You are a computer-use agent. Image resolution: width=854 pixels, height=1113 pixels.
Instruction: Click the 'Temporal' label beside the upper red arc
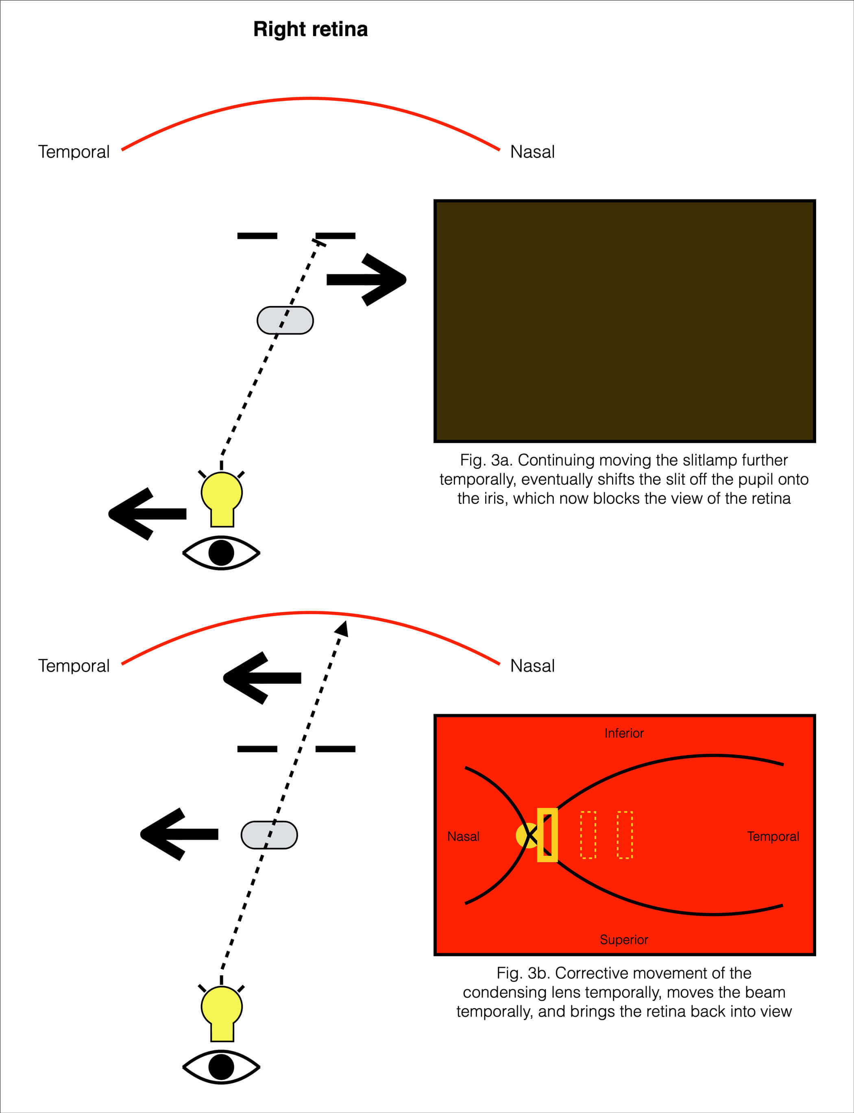[74, 152]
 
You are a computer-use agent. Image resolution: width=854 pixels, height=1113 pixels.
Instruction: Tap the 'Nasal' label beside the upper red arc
[532, 152]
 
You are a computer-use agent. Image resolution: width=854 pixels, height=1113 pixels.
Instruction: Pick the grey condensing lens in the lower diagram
[269, 835]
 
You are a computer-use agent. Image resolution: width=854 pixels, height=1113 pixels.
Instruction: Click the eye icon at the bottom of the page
[221, 1067]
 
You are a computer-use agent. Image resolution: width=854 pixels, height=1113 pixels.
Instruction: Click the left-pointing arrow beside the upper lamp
[147, 513]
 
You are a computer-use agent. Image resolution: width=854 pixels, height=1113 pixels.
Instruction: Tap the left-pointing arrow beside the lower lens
[179, 834]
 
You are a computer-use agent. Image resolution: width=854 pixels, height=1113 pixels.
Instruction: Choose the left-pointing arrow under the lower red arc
[262, 678]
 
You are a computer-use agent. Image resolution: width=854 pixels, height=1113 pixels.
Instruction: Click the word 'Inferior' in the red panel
[624, 733]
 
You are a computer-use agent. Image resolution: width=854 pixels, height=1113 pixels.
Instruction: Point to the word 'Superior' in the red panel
[624, 940]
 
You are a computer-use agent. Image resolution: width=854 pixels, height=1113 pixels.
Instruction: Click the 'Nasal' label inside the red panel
[463, 837]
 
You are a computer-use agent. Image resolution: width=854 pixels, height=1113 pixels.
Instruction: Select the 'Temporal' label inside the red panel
[773, 837]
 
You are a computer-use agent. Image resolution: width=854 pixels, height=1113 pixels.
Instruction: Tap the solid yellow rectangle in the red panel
[547, 835]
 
